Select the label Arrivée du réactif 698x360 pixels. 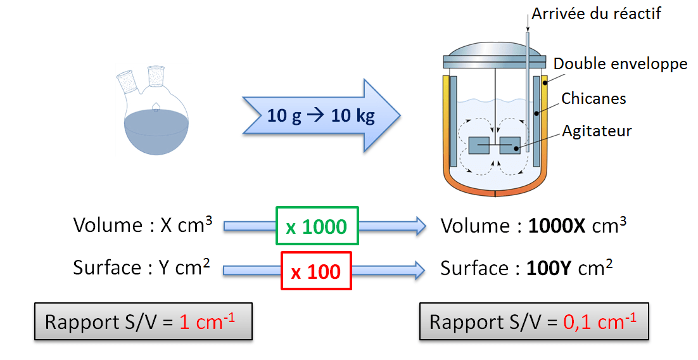(x=596, y=13)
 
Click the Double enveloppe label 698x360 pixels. (x=620, y=63)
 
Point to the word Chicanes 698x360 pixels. (x=593, y=98)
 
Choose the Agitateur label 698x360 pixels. (x=597, y=131)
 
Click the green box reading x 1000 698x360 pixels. (x=317, y=226)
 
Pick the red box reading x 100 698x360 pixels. (x=315, y=271)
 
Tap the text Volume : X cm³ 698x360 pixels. (x=143, y=225)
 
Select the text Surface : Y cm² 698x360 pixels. (x=141, y=268)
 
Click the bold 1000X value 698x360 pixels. (x=558, y=226)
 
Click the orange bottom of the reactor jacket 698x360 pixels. (x=494, y=189)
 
